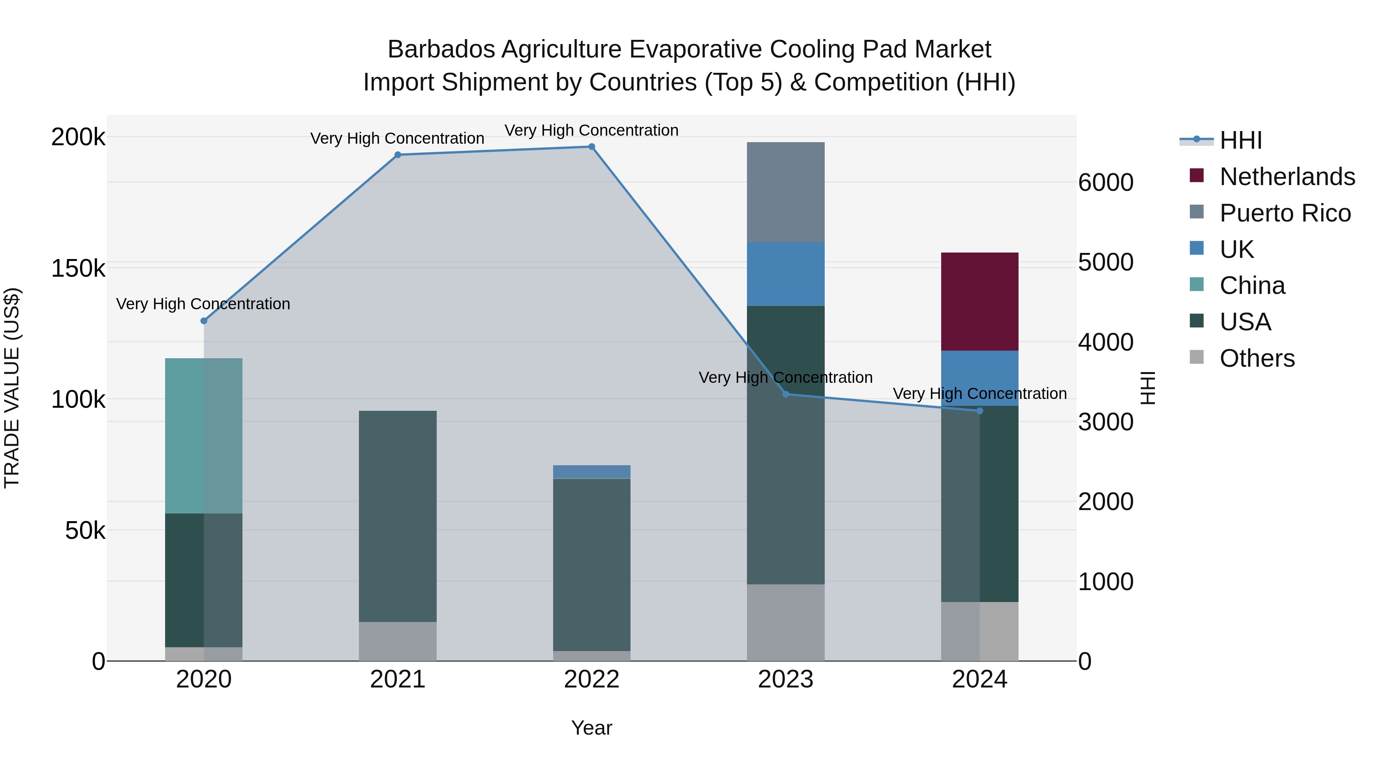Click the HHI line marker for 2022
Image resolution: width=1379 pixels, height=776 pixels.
pyautogui.click(x=591, y=147)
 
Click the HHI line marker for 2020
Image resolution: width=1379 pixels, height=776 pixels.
pyautogui.click(x=203, y=321)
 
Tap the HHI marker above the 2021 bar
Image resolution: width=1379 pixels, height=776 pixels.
pyautogui.click(x=398, y=155)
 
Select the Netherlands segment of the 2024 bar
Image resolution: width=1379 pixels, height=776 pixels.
pyautogui.click(x=979, y=302)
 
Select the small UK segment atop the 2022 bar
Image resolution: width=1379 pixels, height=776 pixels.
pyautogui.click(x=591, y=472)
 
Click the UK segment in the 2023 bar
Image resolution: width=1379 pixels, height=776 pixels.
pyautogui.click(x=785, y=274)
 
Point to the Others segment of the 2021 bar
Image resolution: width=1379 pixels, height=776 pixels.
pyautogui.click(x=398, y=641)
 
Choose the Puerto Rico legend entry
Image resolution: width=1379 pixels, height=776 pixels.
pyautogui.click(x=1285, y=213)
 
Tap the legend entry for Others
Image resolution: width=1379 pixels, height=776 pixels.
pyautogui.click(x=1256, y=358)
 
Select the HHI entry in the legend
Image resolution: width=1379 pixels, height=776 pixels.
pyautogui.click(x=1240, y=140)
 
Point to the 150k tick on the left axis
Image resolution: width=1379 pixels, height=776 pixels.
pyautogui.click(x=78, y=268)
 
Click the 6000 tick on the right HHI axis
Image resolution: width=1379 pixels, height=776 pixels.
pyautogui.click(x=1105, y=183)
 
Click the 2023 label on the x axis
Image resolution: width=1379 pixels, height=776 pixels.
pyautogui.click(x=785, y=679)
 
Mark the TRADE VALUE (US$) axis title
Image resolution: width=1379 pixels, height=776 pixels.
pyautogui.click(x=12, y=388)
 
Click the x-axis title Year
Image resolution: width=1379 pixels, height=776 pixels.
pyautogui.click(x=591, y=728)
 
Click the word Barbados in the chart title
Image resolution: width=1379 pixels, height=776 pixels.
pyautogui.click(x=441, y=49)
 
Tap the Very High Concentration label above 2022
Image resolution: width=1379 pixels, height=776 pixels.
pyautogui.click(x=591, y=130)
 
